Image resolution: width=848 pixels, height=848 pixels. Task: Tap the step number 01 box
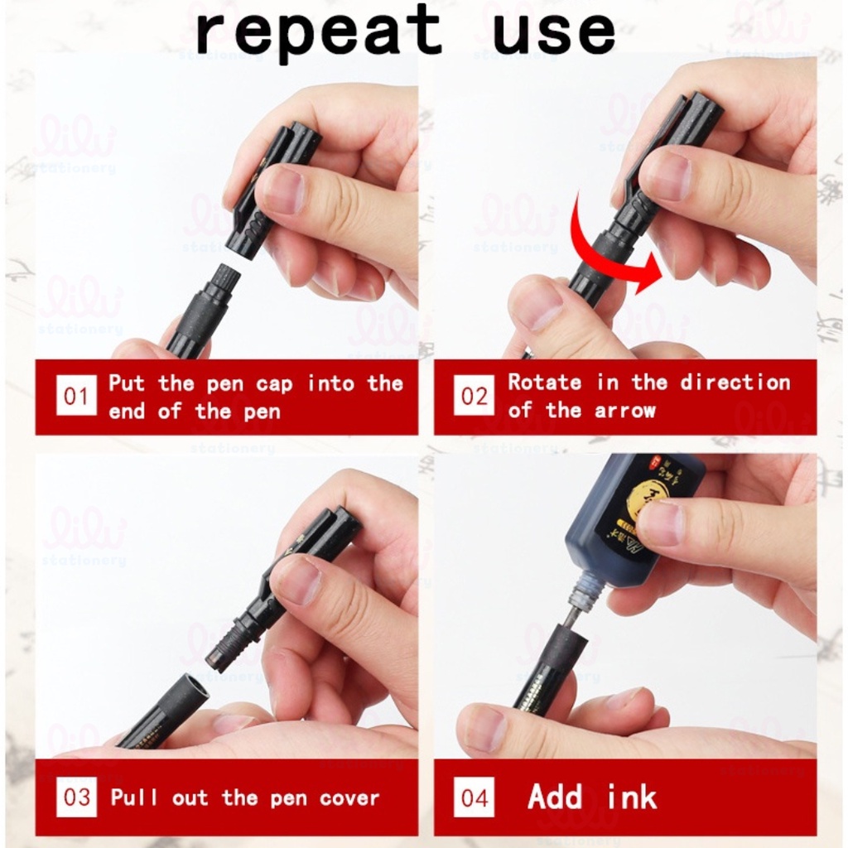point(75,397)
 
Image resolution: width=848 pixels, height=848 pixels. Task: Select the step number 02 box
point(474,396)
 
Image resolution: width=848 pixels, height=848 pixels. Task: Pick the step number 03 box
point(76,797)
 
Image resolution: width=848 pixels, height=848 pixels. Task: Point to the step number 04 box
point(475,797)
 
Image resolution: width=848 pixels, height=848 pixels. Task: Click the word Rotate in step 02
point(544,383)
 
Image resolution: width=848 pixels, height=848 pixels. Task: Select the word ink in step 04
point(632,797)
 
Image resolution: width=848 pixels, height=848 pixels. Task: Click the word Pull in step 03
point(134,798)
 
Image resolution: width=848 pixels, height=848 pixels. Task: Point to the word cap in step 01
point(273,384)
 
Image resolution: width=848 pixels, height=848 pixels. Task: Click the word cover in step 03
point(349,798)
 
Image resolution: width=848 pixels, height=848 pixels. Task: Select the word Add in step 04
point(556,797)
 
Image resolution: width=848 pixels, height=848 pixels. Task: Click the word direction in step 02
point(735,383)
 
